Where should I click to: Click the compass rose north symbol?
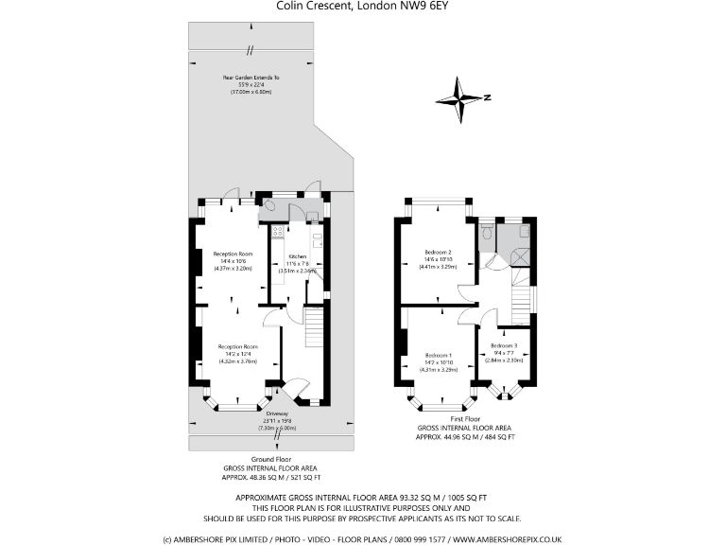click(x=462, y=97)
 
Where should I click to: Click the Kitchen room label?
click(x=298, y=256)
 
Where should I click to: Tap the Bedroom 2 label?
click(x=438, y=252)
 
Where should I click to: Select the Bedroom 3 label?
click(x=503, y=346)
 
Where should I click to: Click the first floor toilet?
click(x=486, y=230)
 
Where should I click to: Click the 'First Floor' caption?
click(x=465, y=417)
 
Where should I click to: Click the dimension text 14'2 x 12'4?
click(x=238, y=354)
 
